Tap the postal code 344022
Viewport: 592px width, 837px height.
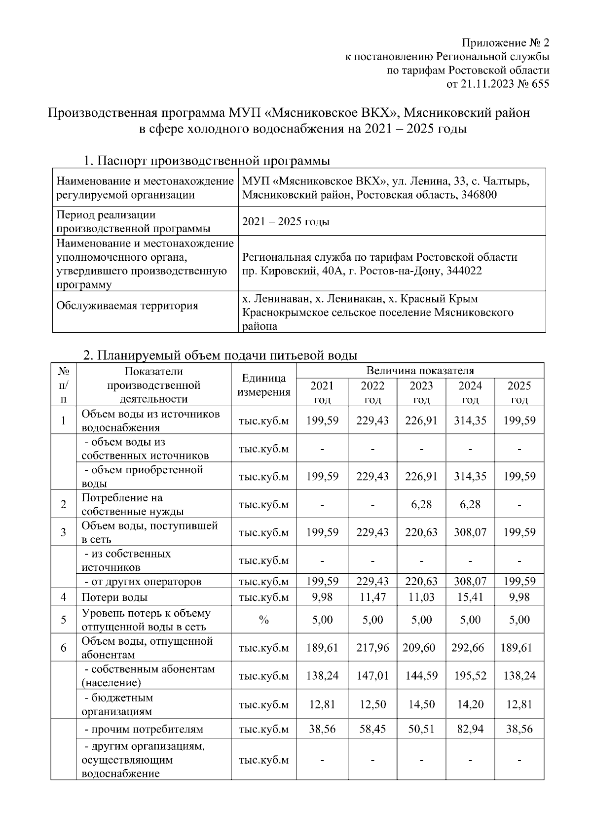(464, 271)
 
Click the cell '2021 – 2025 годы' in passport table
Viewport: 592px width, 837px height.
(286, 222)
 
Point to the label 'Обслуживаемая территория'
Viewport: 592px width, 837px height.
(127, 306)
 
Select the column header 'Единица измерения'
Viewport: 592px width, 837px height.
(264, 385)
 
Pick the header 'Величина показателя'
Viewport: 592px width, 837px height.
(420, 371)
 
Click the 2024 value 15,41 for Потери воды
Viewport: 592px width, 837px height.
(470, 597)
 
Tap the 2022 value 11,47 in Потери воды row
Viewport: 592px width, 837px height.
(372, 597)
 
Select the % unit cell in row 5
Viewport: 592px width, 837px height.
(264, 620)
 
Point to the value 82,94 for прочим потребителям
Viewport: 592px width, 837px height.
(470, 729)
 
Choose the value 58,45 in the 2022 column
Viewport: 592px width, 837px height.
(372, 729)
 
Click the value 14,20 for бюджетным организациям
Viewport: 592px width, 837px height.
(470, 704)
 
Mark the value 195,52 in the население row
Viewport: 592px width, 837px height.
(470, 676)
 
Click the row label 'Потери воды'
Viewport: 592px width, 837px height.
(114, 597)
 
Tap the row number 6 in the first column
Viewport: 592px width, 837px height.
(64, 648)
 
